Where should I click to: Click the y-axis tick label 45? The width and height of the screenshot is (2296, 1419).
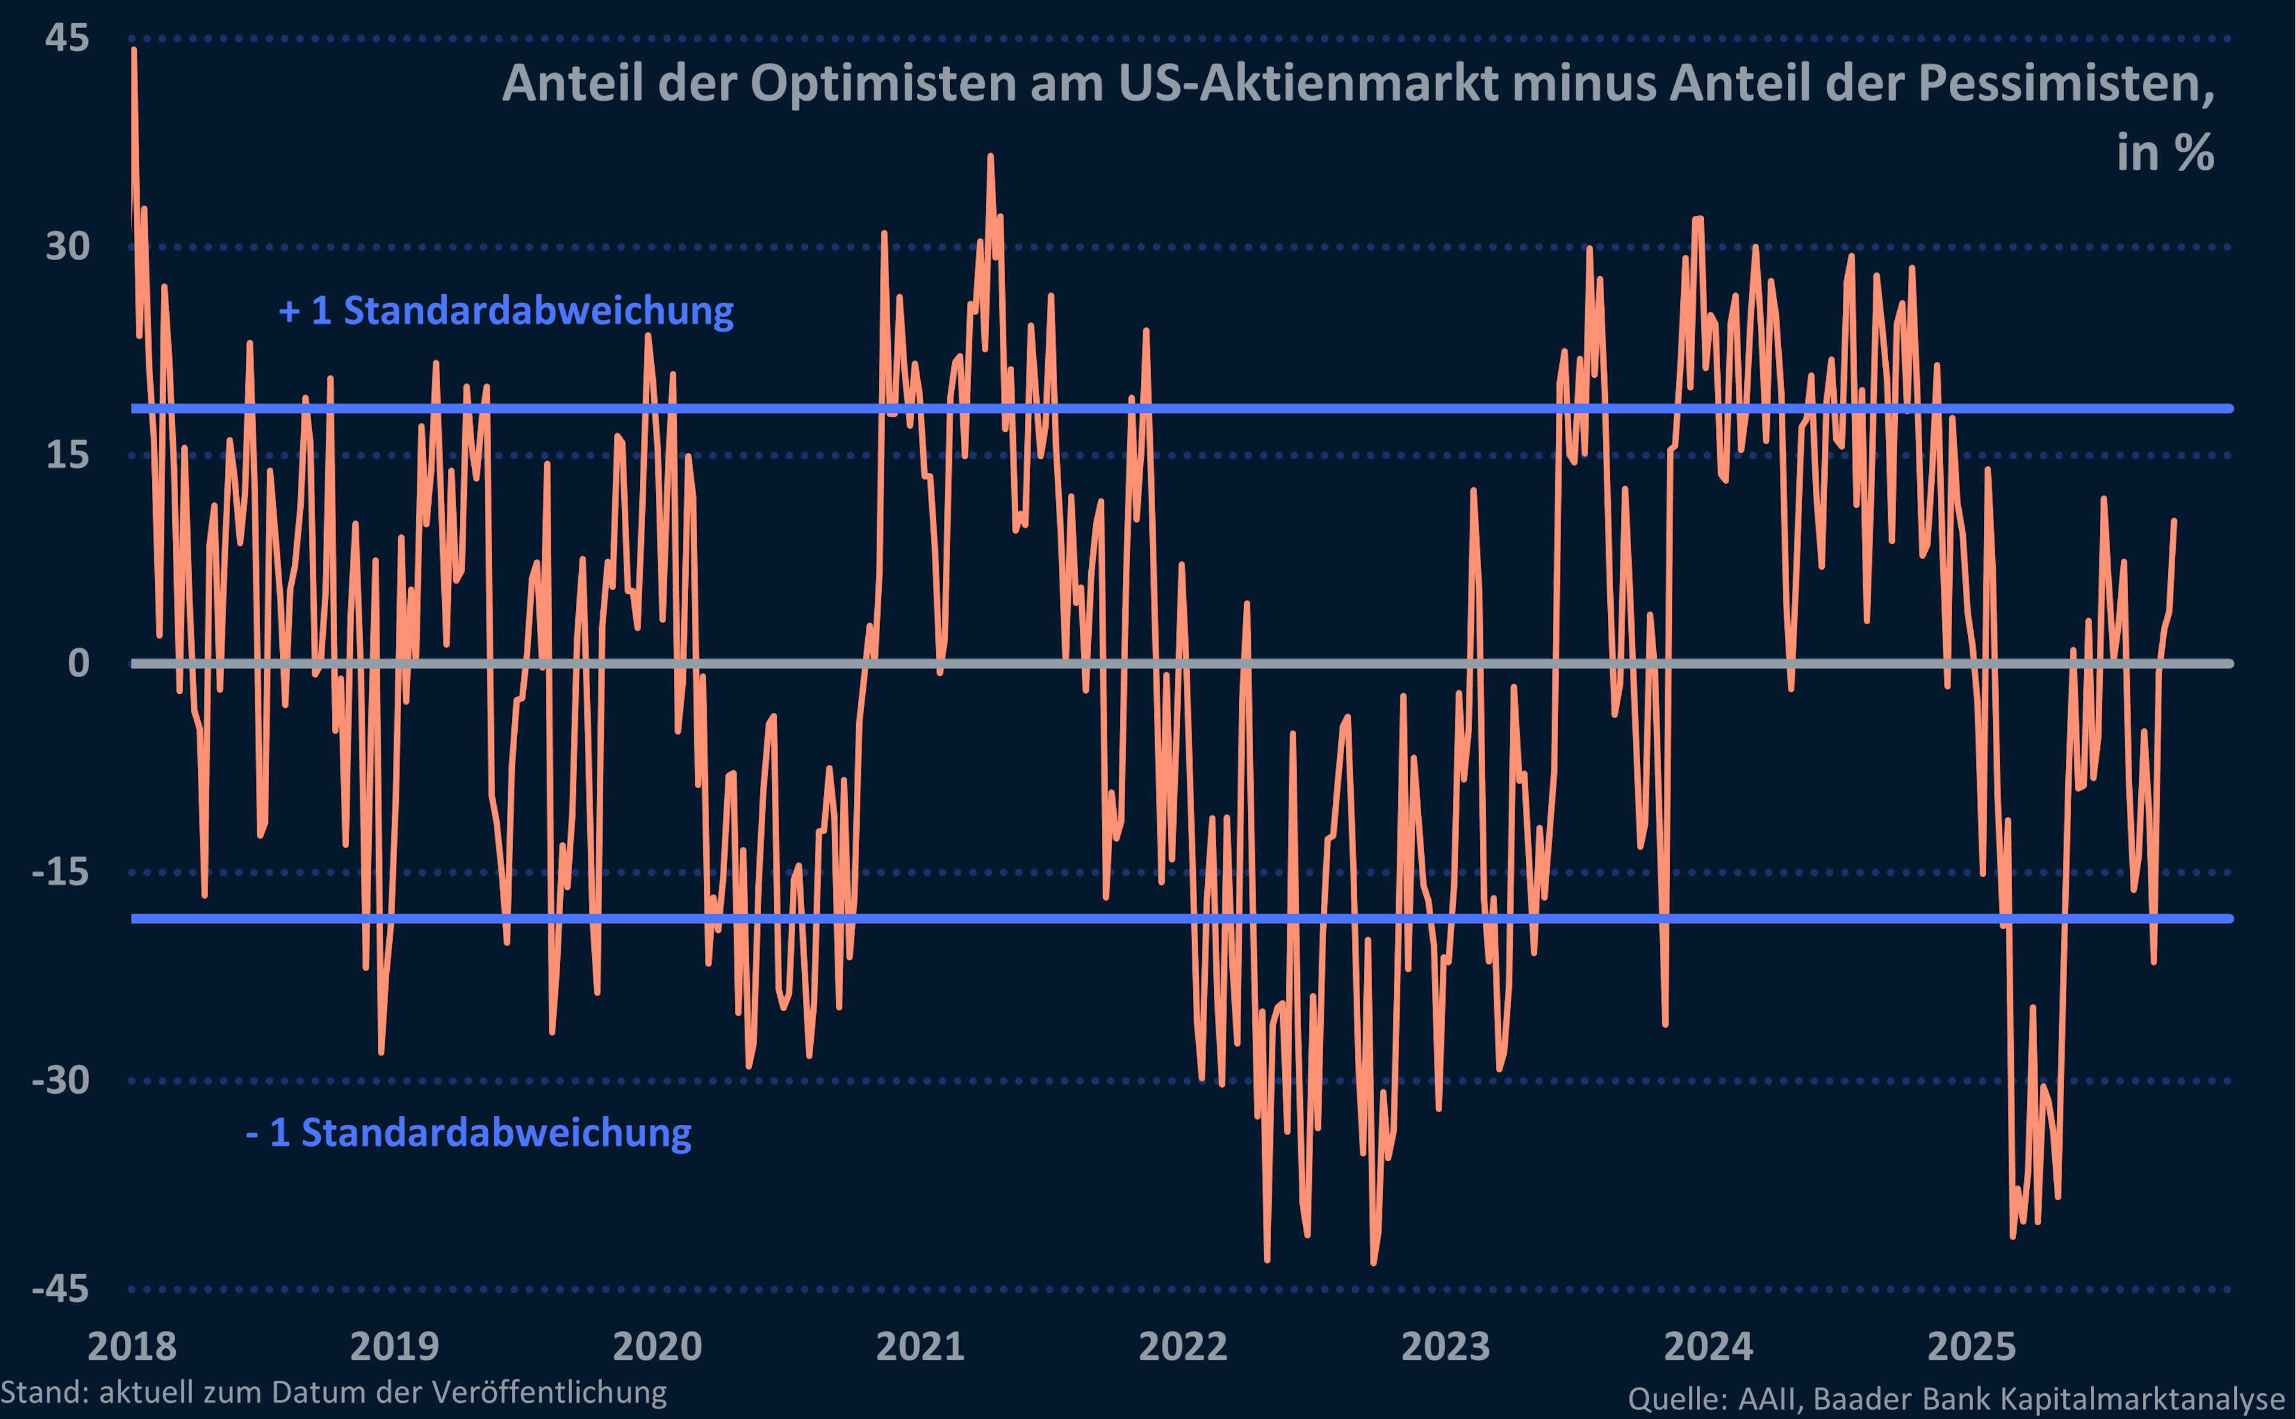[66, 38]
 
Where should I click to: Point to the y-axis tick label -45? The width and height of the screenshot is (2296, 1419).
[60, 1289]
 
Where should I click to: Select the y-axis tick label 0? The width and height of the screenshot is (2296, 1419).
[79, 664]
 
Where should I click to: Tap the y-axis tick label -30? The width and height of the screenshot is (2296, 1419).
[60, 1080]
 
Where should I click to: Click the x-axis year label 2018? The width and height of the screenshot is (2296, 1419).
[132, 1347]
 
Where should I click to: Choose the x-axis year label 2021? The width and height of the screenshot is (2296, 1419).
[920, 1347]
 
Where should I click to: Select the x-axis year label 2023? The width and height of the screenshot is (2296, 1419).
[1445, 1347]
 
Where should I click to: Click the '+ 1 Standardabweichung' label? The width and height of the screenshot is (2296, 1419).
[506, 310]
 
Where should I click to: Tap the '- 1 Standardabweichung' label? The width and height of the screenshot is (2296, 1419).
[468, 1133]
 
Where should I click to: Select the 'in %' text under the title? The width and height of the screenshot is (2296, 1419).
[2164, 153]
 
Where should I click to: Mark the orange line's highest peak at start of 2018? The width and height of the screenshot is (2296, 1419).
[134, 50]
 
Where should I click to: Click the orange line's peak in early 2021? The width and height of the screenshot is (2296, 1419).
[990, 157]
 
